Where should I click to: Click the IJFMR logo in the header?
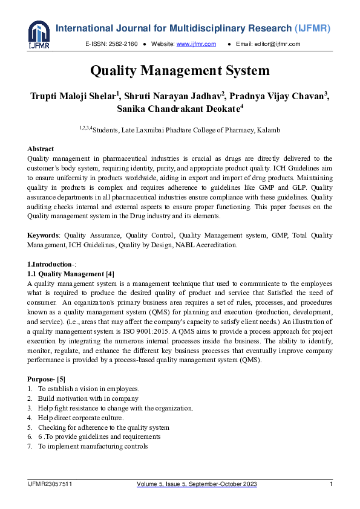39,34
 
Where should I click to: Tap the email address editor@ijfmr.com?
277,44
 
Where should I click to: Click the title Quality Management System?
180,71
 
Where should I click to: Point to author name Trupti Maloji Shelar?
76,97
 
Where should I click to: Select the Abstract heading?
41,149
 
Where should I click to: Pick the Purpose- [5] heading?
50,379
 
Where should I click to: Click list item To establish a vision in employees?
88,389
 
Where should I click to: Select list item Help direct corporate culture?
80,418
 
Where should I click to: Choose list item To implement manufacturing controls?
93,447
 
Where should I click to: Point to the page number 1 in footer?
331,484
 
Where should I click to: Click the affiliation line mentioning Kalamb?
180,130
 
